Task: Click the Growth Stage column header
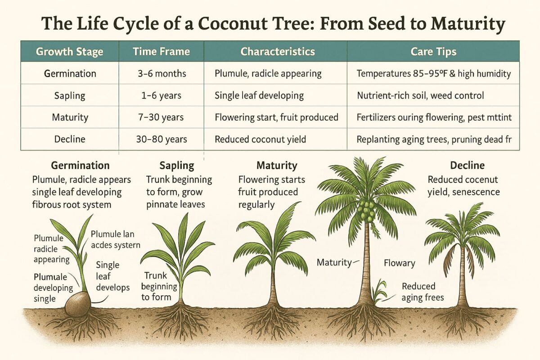[x=69, y=51]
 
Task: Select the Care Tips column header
[x=433, y=51]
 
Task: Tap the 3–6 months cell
[x=161, y=73]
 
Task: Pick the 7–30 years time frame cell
[x=161, y=117]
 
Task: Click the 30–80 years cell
[x=161, y=139]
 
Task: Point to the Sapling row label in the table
[x=69, y=95]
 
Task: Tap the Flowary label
[x=399, y=263]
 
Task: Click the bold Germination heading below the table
[x=80, y=166]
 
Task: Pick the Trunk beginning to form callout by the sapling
[x=156, y=286]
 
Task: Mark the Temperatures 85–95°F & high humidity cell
[x=433, y=73]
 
